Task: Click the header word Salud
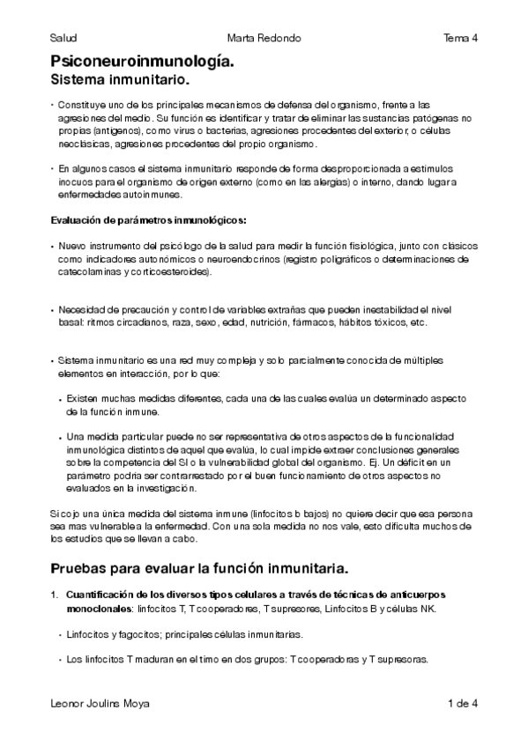point(63,38)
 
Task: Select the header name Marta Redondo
point(264,38)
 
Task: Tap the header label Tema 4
point(460,38)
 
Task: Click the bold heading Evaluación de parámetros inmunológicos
point(148,219)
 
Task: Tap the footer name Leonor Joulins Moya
point(100,703)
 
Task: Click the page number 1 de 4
point(462,703)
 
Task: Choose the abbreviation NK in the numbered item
point(426,610)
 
